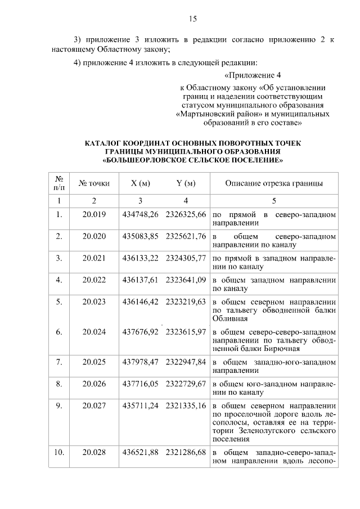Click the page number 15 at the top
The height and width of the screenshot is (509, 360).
[192, 19]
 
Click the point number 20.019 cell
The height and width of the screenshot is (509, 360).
[94, 215]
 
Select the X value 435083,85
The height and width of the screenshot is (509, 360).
[141, 236]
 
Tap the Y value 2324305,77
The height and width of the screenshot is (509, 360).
[186, 258]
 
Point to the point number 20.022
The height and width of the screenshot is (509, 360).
[94, 280]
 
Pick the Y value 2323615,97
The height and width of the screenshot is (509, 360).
[186, 332]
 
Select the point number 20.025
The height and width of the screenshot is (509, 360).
[94, 361]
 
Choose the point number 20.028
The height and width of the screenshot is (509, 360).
[94, 453]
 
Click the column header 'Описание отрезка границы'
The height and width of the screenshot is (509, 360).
[274, 183]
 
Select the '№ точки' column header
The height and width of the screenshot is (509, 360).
[94, 183]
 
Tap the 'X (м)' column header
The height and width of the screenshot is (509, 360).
[140, 183]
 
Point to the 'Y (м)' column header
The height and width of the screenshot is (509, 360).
[185, 183]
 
